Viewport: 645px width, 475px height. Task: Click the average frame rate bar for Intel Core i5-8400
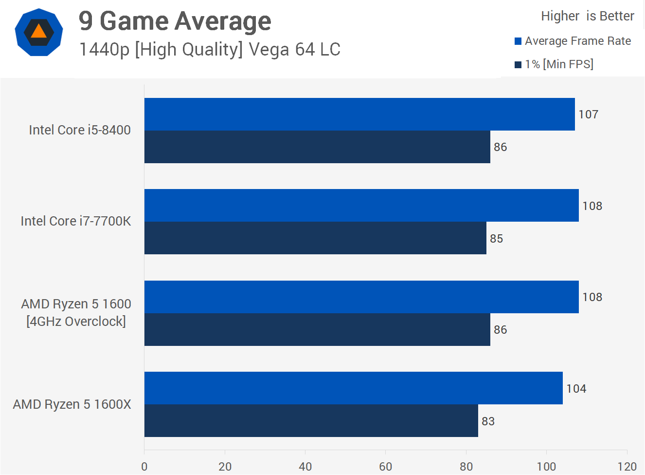tap(359, 114)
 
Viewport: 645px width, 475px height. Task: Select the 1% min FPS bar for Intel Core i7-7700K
tap(315, 238)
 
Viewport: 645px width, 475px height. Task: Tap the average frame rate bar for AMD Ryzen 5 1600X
tap(353, 388)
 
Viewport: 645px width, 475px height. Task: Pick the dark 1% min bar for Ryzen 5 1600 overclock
tap(317, 330)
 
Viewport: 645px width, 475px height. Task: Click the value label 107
tap(588, 114)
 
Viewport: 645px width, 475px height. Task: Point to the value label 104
tap(576, 389)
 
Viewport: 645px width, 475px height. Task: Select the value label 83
tap(488, 421)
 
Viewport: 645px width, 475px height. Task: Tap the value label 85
tap(496, 239)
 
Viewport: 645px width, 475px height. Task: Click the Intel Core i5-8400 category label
tap(80, 130)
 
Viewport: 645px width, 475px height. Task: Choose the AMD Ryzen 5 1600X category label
tap(72, 404)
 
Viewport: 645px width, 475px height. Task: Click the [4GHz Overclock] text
tap(76, 322)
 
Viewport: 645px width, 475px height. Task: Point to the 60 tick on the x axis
tap(385, 466)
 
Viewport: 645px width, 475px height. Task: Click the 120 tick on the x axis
tap(627, 466)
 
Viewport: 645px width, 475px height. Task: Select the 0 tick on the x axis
tap(144, 466)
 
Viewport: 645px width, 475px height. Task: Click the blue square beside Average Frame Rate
tap(518, 41)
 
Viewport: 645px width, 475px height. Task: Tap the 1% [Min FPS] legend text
tap(559, 64)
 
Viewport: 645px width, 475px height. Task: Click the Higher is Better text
tap(587, 16)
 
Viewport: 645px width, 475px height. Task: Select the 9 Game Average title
tap(175, 21)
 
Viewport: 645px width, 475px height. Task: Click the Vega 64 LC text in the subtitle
tap(294, 50)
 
